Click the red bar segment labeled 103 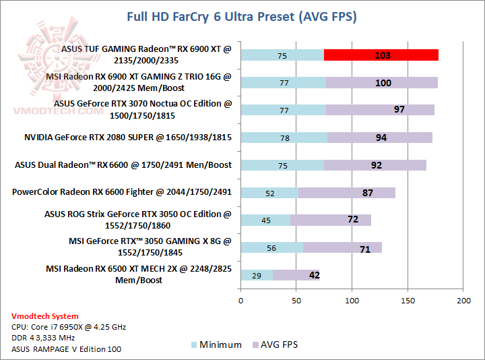[x=381, y=55]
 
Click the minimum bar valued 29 [x=257, y=275]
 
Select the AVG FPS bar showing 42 [x=296, y=275]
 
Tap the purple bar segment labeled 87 [x=347, y=193]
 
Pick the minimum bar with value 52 [x=269, y=193]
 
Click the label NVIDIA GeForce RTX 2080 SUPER [x=128, y=138]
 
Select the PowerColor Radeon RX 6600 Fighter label [x=122, y=192]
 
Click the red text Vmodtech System [x=44, y=316]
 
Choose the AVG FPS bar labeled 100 [x=382, y=83]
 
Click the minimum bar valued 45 [x=265, y=220]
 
